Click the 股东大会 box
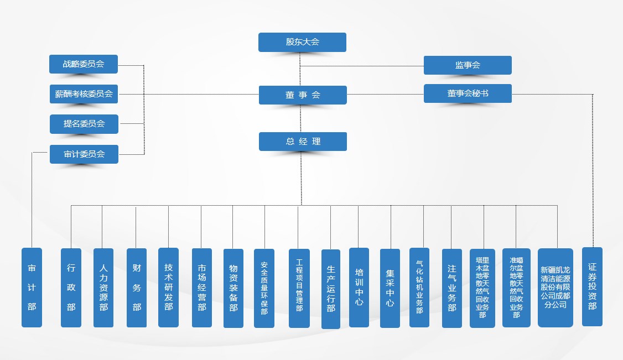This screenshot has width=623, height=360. coord(302,42)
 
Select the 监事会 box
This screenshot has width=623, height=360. coord(468,65)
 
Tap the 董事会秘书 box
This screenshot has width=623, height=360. coord(468,93)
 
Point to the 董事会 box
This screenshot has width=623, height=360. coord(303,95)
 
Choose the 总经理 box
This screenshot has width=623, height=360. coord(303,142)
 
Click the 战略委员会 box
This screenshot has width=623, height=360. coord(84,64)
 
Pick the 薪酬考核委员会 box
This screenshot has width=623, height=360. coord(84,93)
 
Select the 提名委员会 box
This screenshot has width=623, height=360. coord(84,124)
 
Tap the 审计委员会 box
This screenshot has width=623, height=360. coord(84,154)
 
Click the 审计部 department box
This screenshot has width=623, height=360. coord(32,288)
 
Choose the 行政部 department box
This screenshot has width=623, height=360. coord(71,288)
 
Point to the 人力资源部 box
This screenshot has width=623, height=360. coord(103,288)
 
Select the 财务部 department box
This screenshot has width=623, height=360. coord(137,288)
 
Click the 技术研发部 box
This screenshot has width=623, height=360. coord(168,288)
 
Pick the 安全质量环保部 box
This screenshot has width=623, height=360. coord(264,288)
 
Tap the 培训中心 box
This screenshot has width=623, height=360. coord(359,288)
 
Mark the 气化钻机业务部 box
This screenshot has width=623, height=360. coord(419,288)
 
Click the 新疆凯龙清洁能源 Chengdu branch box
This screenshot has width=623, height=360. coord(555,288)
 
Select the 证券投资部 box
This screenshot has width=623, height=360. coord(593,286)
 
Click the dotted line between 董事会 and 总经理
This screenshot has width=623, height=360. coord(301,118)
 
